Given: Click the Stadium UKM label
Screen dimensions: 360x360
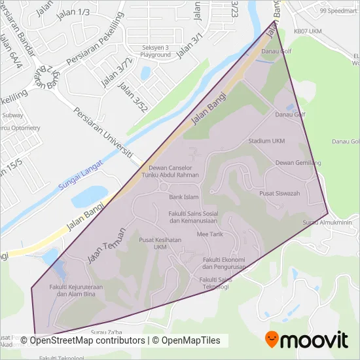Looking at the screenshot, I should pyautogui.click(x=266, y=141).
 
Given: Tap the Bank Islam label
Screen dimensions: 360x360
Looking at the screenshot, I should pyautogui.click(x=184, y=196).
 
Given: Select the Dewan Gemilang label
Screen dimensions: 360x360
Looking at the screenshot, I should pyautogui.click(x=298, y=162).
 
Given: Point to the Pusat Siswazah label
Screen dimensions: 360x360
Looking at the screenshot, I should pyautogui.click(x=279, y=193).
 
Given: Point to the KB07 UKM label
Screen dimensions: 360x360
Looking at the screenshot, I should pyautogui.click(x=308, y=30).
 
